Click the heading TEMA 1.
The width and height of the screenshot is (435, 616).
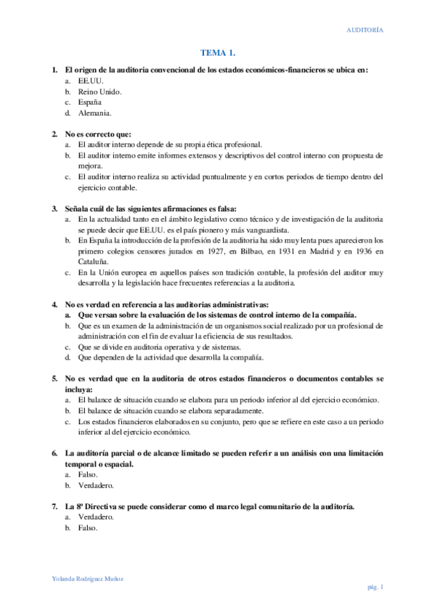(x=218, y=53)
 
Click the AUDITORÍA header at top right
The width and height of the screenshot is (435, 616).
(x=365, y=30)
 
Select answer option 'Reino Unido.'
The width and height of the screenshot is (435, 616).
(x=99, y=92)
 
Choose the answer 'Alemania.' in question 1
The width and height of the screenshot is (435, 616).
(x=95, y=113)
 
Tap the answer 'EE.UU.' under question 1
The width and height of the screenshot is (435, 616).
(x=91, y=81)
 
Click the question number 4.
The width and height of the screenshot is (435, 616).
(x=54, y=304)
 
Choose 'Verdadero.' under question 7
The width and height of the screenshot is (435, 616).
(x=96, y=517)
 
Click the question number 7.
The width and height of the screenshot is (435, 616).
(x=54, y=506)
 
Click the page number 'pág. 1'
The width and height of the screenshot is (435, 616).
(x=373, y=587)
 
